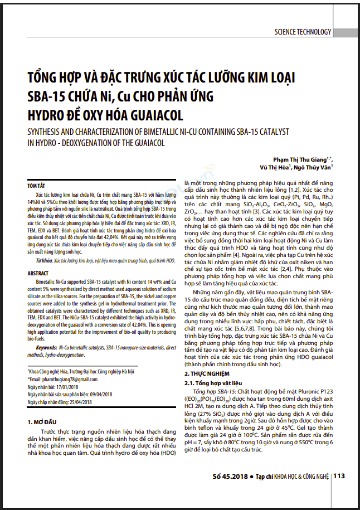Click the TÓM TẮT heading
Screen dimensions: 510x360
click(x=37, y=184)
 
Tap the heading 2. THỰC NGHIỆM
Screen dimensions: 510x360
click(x=212, y=372)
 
